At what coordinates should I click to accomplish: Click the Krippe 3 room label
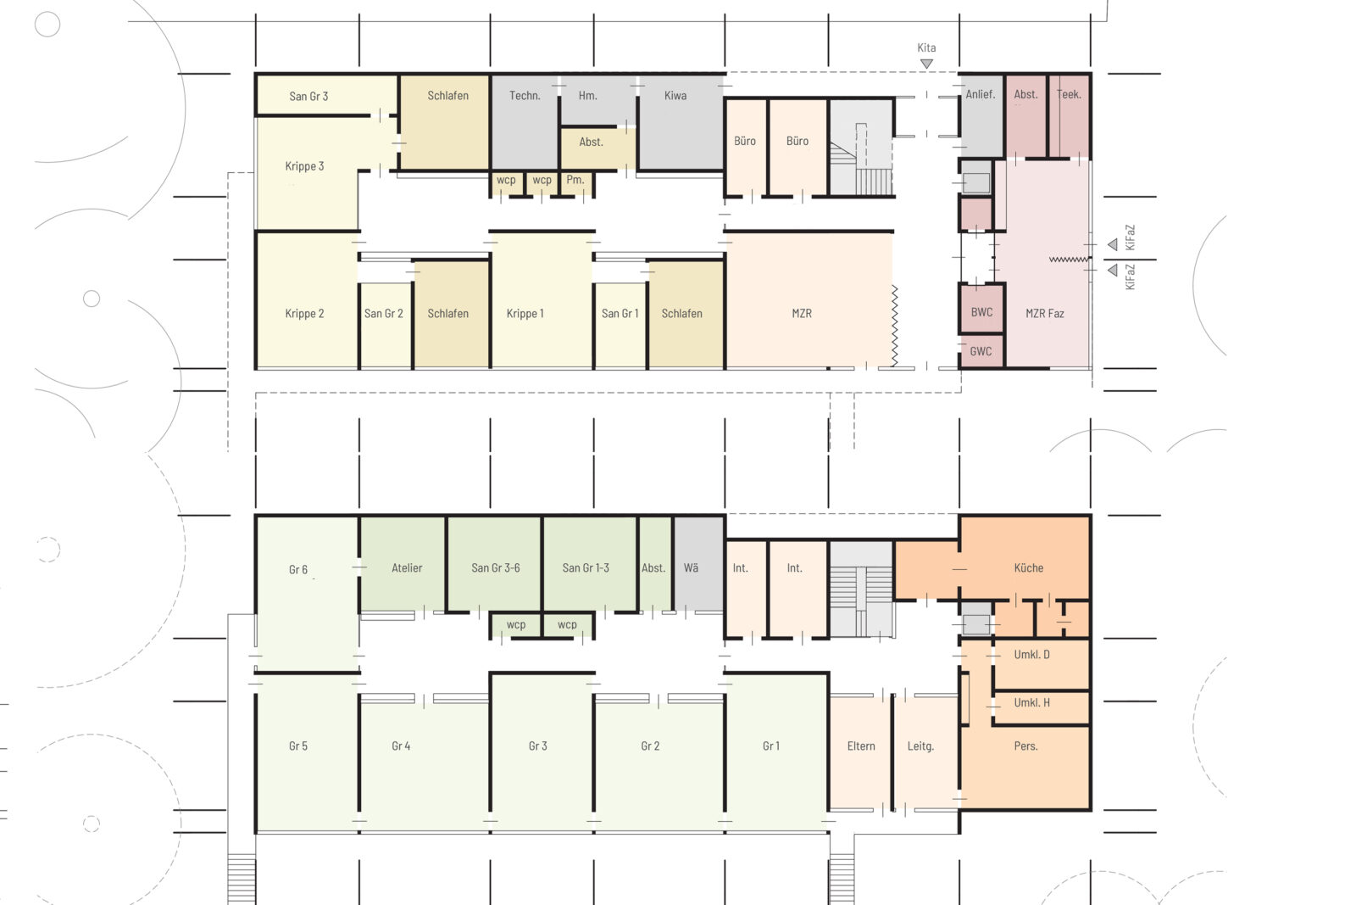click(x=304, y=166)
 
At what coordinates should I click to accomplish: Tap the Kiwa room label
click(x=675, y=96)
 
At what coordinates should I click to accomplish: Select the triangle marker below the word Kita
click(x=926, y=64)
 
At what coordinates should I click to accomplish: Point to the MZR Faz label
click(x=1044, y=314)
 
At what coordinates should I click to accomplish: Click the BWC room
click(x=981, y=312)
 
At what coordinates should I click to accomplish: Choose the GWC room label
click(x=981, y=351)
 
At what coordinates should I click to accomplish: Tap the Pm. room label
click(x=575, y=180)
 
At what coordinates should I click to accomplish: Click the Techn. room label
click(x=525, y=96)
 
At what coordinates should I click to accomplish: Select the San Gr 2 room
click(x=384, y=314)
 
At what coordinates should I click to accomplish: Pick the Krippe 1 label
click(x=525, y=314)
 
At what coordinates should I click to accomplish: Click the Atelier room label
click(x=407, y=568)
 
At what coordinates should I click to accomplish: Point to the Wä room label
click(x=692, y=568)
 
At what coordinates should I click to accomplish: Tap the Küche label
click(x=1028, y=568)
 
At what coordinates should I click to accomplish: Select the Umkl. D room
click(x=1031, y=655)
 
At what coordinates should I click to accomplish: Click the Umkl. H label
click(x=1031, y=703)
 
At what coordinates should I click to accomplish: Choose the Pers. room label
click(x=1025, y=746)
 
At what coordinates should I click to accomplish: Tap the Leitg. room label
click(x=920, y=746)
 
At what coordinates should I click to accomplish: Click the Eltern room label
click(x=861, y=746)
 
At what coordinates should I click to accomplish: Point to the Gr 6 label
click(x=298, y=570)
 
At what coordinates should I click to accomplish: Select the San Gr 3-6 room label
click(x=496, y=568)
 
